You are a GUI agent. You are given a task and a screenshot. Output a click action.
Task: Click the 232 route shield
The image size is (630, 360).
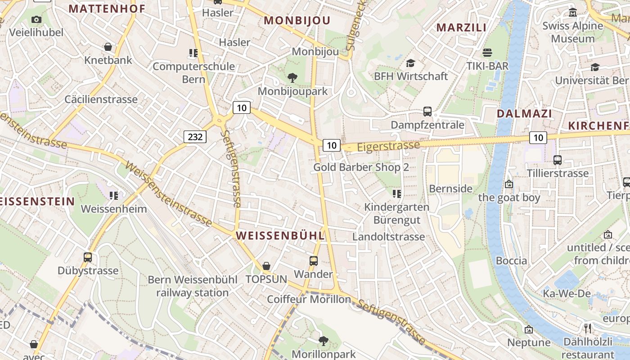195,136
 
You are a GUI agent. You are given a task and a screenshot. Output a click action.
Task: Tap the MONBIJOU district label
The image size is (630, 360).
297,20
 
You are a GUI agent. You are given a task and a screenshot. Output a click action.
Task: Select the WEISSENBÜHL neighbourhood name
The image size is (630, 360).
280,235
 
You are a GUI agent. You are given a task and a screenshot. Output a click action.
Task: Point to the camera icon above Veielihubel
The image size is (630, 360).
36,19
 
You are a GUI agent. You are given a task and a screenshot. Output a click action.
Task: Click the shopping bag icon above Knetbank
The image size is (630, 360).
108,47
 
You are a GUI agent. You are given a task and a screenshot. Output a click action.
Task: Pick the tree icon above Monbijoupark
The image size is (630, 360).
292,78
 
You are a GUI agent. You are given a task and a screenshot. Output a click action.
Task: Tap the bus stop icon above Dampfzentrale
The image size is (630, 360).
427,111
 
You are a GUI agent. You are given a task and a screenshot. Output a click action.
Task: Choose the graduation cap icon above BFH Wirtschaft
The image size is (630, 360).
410,63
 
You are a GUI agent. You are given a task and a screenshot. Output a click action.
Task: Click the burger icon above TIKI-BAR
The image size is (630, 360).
487,53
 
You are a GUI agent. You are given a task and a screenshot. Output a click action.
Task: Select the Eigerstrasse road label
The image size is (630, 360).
388,146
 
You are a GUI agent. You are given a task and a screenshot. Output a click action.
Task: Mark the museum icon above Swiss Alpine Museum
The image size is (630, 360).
573,12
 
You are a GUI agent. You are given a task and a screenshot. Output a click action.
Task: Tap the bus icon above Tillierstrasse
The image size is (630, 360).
558,160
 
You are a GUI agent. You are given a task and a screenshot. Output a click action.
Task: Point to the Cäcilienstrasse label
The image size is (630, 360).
101,99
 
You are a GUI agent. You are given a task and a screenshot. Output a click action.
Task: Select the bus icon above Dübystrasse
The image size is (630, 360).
88,257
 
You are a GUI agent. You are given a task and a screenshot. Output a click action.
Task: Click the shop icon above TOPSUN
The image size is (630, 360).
266,266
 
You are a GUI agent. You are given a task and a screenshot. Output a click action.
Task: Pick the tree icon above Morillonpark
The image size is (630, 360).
323,341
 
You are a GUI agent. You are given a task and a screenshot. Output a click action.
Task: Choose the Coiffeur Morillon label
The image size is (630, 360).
309,299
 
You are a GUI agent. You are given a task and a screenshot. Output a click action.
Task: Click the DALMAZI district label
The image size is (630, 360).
524,113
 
